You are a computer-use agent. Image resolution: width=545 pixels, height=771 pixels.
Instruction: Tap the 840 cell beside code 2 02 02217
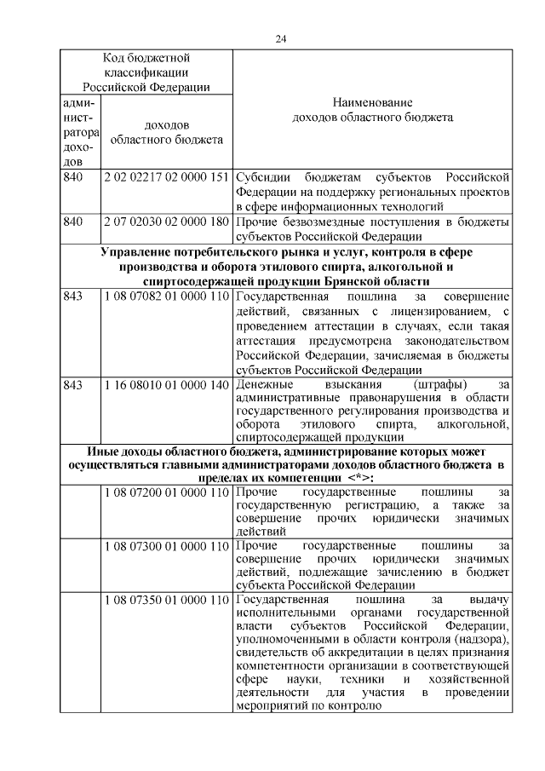pos(74,177)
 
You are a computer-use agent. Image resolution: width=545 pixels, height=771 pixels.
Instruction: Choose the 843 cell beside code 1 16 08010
pos(74,385)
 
